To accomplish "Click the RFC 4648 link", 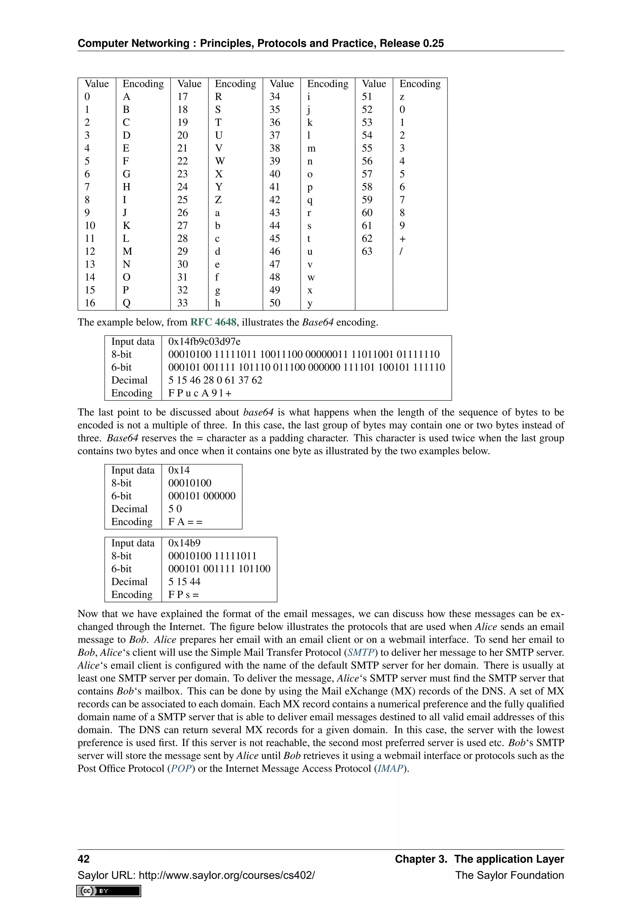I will click(x=213, y=322).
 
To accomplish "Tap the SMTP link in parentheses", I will click(x=360, y=652).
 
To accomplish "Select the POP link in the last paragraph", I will click(x=181, y=768).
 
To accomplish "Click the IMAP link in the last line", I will click(x=390, y=768).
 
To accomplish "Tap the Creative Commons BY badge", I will click(x=109, y=891).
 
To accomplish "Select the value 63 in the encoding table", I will click(x=367, y=251).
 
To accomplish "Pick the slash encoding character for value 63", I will click(x=401, y=251).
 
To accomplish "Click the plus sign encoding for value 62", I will click(x=403, y=239).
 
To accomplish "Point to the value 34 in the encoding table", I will click(x=275, y=97).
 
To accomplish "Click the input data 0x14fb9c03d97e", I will click(x=204, y=342).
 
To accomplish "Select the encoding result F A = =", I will click(x=185, y=522).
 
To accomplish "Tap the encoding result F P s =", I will click(x=183, y=595).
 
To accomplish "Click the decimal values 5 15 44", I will click(x=184, y=582).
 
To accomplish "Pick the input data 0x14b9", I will click(x=184, y=543).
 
